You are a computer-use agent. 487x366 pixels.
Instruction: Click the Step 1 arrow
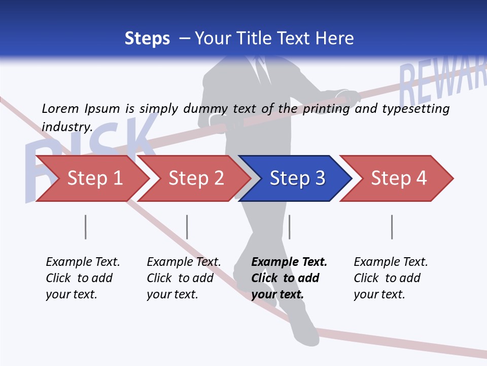pyautogui.click(x=94, y=178)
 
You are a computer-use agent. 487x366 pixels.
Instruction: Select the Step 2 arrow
pyautogui.click(x=196, y=178)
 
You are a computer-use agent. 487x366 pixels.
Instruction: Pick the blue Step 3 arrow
pyautogui.click(x=297, y=178)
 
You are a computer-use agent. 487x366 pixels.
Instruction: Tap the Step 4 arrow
pyautogui.click(x=398, y=178)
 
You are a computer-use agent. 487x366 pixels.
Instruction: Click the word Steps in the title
pyautogui.click(x=147, y=39)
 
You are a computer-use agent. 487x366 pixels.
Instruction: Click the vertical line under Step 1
pyautogui.click(x=86, y=227)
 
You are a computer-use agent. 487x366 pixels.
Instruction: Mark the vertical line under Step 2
pyautogui.click(x=187, y=227)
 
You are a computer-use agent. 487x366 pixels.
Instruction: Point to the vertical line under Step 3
pyautogui.click(x=289, y=227)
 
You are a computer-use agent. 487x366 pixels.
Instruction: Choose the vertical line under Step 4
pyautogui.click(x=392, y=227)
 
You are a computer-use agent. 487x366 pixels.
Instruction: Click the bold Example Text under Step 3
pyautogui.click(x=289, y=262)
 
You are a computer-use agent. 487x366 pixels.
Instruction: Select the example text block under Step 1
pyautogui.click(x=83, y=278)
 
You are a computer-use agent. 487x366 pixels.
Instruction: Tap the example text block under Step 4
pyautogui.click(x=391, y=278)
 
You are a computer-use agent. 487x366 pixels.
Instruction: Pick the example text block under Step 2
pyautogui.click(x=184, y=278)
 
